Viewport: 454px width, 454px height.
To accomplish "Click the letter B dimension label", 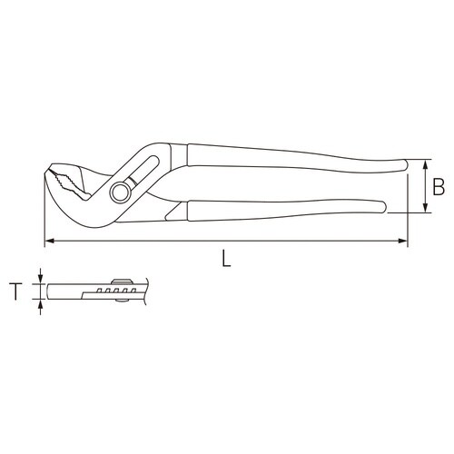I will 438,188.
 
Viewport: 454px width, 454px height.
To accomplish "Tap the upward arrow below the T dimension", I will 41,305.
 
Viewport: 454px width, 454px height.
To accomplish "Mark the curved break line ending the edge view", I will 140,291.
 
